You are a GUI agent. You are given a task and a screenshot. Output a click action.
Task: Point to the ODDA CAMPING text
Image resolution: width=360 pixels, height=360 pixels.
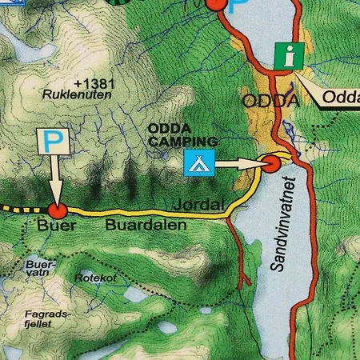(x=172, y=134)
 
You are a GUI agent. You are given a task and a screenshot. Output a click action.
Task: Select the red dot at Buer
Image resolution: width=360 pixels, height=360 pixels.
(x=56, y=210)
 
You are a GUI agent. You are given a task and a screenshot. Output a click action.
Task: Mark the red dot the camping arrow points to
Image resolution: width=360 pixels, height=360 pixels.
(x=271, y=164)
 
